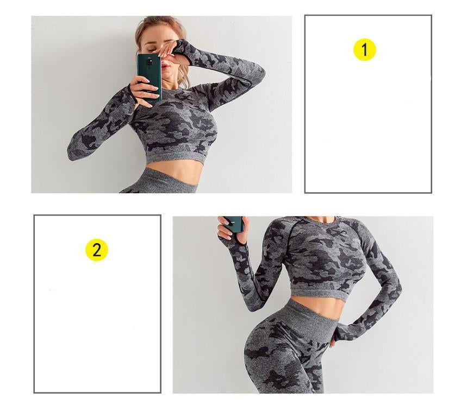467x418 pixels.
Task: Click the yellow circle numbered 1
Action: click(365, 49)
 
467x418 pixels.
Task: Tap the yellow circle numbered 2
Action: click(96, 250)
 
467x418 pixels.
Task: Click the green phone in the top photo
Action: click(149, 77)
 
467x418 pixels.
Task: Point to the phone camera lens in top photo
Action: click(148, 62)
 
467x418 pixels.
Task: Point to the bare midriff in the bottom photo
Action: click(316, 306)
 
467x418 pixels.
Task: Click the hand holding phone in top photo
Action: click(144, 88)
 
